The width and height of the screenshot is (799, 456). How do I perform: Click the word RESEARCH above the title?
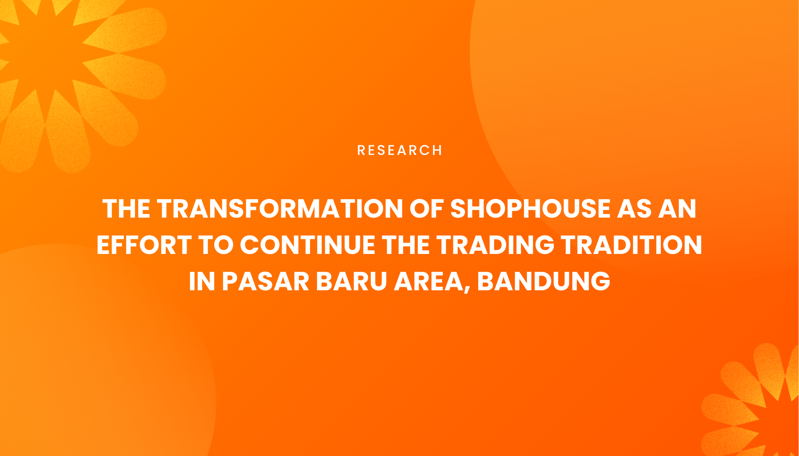click(x=399, y=151)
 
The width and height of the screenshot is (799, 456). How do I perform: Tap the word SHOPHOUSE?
click(x=530, y=209)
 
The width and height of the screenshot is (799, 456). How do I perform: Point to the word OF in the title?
click(x=426, y=209)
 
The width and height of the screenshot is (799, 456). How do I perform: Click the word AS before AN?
click(x=634, y=209)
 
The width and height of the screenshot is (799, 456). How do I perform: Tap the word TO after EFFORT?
click(x=216, y=245)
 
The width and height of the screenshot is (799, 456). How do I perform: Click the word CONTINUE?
click(x=307, y=245)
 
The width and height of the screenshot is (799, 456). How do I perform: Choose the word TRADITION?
click(x=632, y=245)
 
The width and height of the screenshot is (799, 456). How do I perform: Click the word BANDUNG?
click(x=544, y=282)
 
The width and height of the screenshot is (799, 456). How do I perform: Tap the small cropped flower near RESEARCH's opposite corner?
click(x=759, y=411)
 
